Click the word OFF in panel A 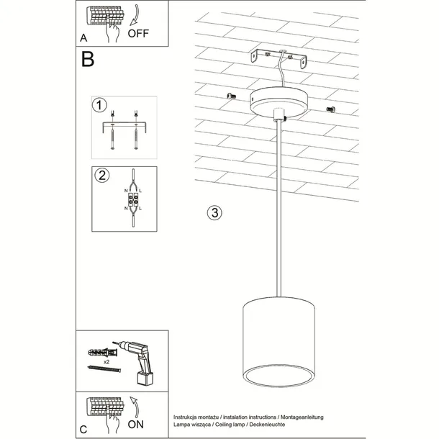coord(140,32)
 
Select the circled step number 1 coord(100,105)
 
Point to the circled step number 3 coord(213,212)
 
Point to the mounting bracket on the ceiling coord(280,57)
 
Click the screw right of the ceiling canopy coord(332,109)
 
